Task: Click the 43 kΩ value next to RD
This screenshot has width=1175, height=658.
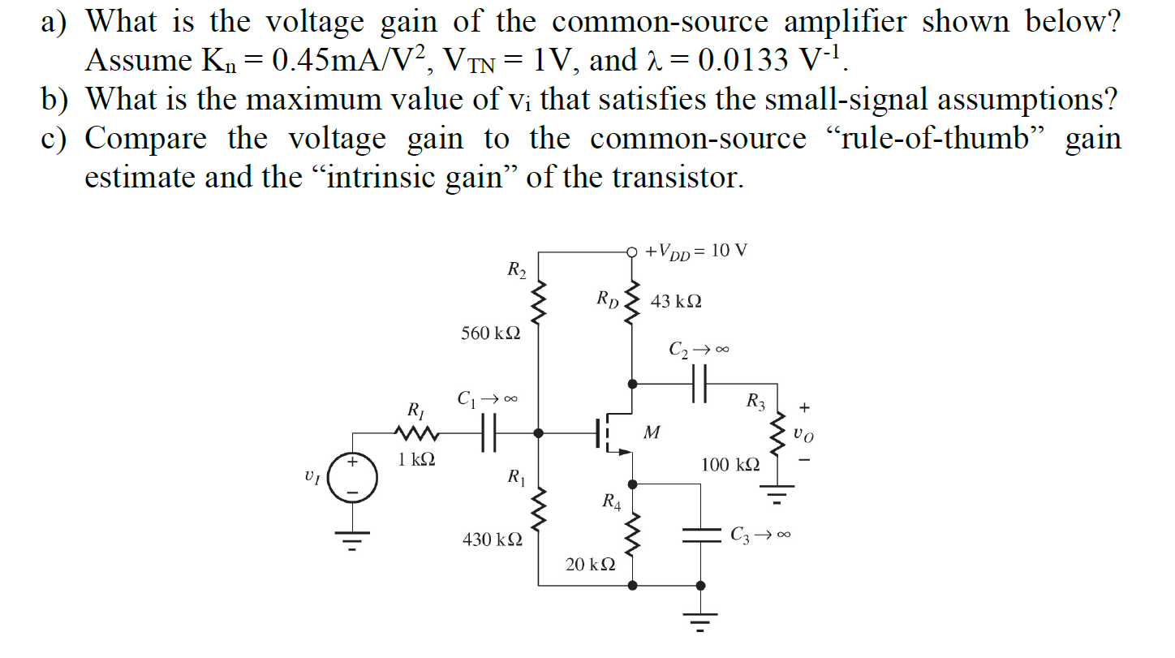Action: (676, 301)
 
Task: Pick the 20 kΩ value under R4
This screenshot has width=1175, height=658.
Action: (590, 564)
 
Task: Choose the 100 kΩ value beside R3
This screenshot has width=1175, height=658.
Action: (730, 465)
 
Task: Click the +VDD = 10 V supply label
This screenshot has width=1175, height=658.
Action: (696, 251)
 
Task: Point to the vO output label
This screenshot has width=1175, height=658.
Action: (803, 435)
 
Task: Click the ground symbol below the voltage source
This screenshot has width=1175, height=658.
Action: (352, 537)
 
